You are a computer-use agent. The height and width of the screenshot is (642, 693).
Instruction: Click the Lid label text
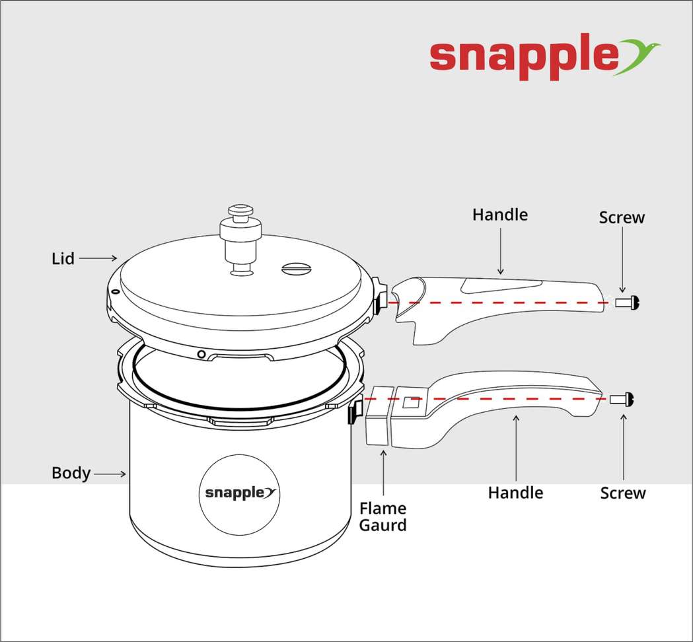[63, 259]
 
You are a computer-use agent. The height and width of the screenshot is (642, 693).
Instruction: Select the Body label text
[71, 474]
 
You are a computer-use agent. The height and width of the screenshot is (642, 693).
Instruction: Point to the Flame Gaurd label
[383, 517]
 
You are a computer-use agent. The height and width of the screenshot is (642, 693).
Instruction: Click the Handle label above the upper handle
[500, 215]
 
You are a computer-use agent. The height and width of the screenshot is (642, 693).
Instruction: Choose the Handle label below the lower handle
[515, 493]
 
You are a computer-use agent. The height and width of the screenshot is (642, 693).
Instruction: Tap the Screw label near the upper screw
[622, 217]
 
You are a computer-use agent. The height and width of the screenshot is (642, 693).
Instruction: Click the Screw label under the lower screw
[623, 493]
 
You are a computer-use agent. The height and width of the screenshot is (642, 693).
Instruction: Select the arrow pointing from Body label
[111, 474]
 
